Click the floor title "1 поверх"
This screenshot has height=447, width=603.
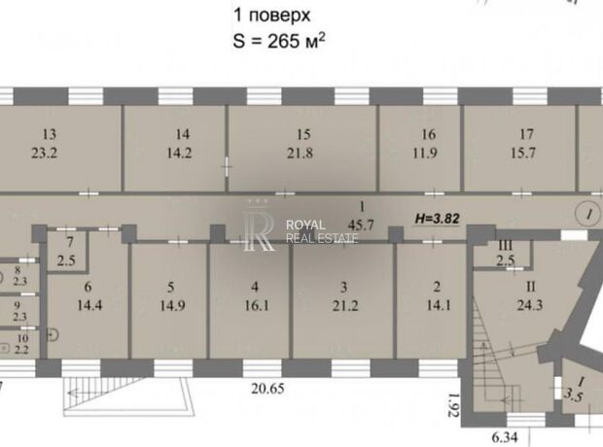click(x=272, y=16)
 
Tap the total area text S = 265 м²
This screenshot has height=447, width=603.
click(x=279, y=41)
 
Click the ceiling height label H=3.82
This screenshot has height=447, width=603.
click(x=438, y=219)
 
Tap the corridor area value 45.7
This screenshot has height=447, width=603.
click(x=360, y=224)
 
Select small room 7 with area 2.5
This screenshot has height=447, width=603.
click(x=66, y=252)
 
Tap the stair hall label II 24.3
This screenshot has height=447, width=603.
click(x=530, y=296)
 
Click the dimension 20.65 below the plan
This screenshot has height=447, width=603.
click(x=268, y=389)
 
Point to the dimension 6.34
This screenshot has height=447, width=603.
click(x=505, y=437)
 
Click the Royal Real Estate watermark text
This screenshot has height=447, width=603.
click(x=322, y=231)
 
